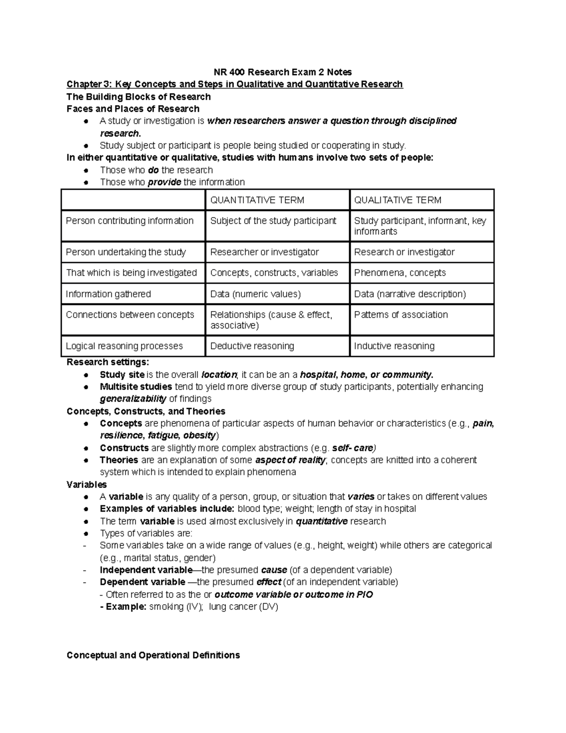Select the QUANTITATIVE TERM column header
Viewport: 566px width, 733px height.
click(x=257, y=200)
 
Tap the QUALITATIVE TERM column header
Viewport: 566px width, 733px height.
click(x=398, y=200)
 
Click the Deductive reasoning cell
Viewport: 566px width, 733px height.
click(x=252, y=346)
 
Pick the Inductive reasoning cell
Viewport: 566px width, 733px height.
click(x=394, y=346)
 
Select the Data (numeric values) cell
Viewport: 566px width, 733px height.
click(x=255, y=294)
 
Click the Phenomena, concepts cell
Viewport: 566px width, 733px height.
click(x=400, y=273)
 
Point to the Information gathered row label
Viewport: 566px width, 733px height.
click(x=108, y=294)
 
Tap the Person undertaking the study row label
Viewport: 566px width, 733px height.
click(x=125, y=252)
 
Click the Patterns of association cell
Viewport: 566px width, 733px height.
click(x=401, y=315)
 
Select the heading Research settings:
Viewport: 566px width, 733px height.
click(x=108, y=362)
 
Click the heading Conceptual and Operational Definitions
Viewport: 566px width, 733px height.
click(x=153, y=655)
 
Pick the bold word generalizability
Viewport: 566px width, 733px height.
click(x=133, y=399)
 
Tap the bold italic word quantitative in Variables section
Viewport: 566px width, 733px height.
click(x=321, y=521)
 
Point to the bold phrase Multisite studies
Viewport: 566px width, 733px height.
click(x=136, y=387)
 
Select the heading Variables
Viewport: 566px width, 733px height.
click(x=87, y=484)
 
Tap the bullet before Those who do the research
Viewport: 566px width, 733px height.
click(x=86, y=170)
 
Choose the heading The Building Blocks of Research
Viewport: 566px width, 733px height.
click(x=139, y=97)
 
